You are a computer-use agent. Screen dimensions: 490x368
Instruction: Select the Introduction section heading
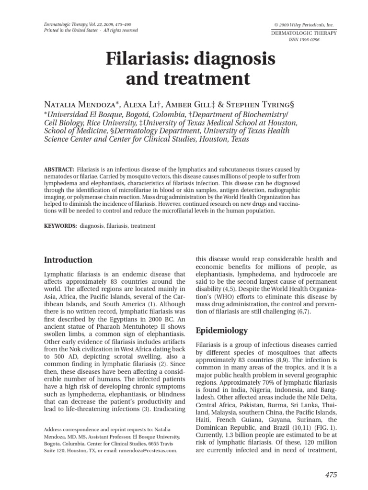(x=68, y=260)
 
